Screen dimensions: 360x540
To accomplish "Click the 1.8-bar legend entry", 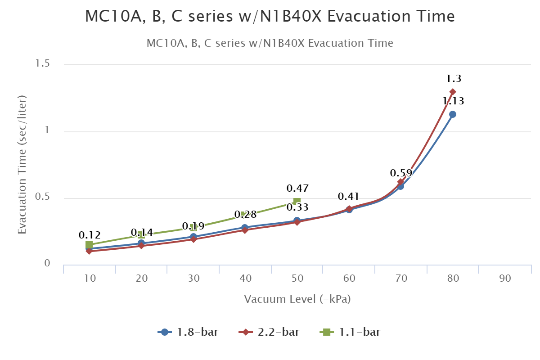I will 189,333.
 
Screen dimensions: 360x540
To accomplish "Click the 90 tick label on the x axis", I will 505,279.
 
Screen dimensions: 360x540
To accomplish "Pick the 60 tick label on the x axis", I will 349,279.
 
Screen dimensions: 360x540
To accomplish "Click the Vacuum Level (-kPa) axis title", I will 297,299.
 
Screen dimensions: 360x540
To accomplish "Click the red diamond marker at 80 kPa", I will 453,92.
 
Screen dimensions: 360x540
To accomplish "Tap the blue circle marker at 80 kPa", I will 453,114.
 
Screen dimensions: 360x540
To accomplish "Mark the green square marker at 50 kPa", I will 297,202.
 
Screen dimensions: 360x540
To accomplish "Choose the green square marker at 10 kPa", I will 89,245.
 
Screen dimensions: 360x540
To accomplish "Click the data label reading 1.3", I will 454,79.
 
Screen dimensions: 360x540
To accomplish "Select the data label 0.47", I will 297,188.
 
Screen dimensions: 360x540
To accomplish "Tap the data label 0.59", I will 401,173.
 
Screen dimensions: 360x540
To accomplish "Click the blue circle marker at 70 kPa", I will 400,186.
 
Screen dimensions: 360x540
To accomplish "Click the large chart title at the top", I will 270,17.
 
